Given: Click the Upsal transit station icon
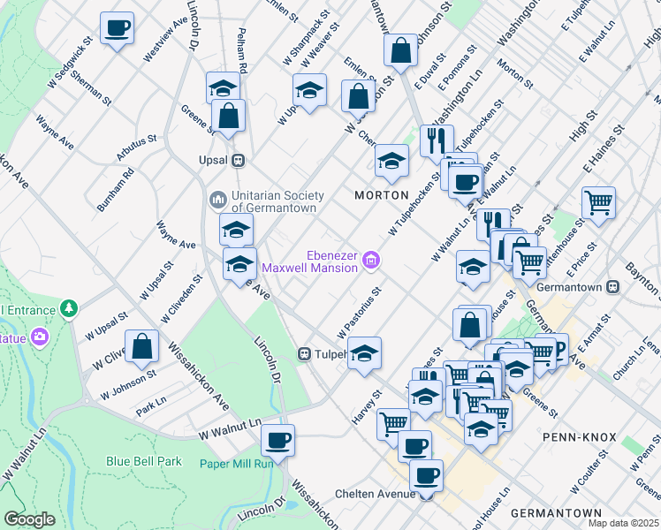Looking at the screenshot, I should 237,162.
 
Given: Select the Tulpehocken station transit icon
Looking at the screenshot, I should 304,354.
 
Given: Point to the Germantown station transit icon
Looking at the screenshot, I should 616,287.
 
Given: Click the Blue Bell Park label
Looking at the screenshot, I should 144,461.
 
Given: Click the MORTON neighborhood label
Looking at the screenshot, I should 382,194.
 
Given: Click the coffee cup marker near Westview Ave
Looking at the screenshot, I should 117,27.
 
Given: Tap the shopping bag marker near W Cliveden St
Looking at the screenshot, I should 141,346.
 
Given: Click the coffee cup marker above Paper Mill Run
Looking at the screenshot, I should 277,439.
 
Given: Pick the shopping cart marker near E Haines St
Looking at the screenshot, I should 599,201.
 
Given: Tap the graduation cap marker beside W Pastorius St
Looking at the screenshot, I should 364,353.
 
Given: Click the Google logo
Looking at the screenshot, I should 30,519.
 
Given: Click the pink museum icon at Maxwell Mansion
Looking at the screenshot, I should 374,258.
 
